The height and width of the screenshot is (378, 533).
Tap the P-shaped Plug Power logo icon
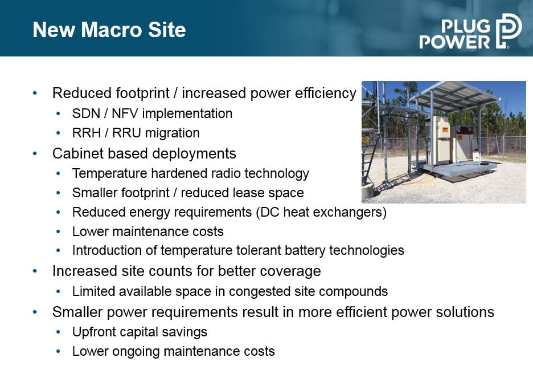coord(509,31)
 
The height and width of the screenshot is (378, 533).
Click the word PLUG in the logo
coord(466,26)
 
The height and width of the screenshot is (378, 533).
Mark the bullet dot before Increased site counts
coord(35,271)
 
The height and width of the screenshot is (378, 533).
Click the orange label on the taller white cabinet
coord(445,129)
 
